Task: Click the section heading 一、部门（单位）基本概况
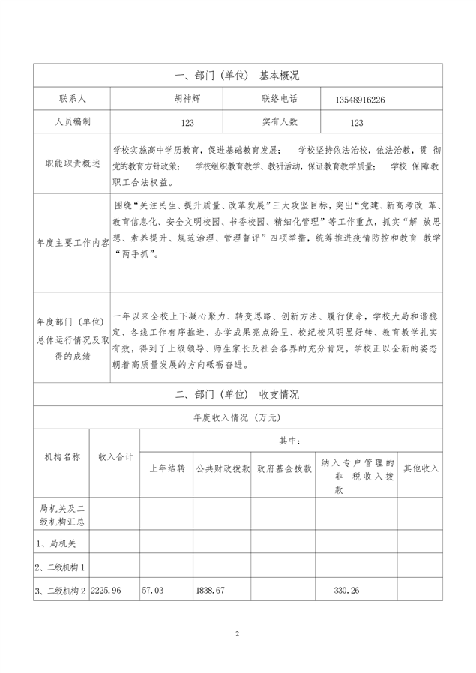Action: pos(237,76)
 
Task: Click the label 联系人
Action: pos(72,99)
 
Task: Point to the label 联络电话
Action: pos(280,99)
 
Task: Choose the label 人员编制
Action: pos(73,121)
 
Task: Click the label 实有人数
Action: pos(280,121)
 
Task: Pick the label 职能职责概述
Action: pos(73,164)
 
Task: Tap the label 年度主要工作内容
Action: pos(73,243)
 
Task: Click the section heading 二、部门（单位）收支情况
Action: pos(237,394)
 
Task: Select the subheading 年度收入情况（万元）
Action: pos(237,417)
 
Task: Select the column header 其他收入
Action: pos(421,468)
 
